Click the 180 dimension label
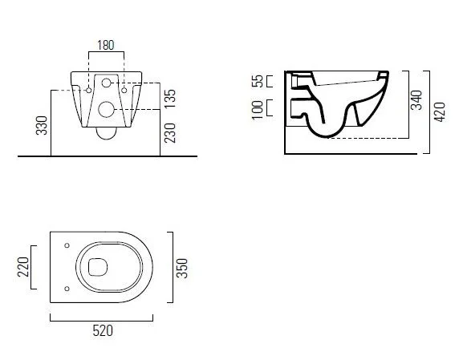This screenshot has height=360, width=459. [x=106, y=46]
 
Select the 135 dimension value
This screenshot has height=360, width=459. [x=170, y=99]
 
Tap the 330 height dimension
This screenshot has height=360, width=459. [x=42, y=125]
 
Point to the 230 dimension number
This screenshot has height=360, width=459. [x=170, y=133]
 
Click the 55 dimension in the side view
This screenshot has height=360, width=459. [x=258, y=81]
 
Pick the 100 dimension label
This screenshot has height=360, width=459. [x=258, y=110]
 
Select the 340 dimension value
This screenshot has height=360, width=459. [x=416, y=100]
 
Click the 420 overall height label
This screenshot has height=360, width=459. [x=440, y=112]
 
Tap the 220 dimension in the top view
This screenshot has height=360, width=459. [x=23, y=267]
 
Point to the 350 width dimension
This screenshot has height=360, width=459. [x=182, y=268]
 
